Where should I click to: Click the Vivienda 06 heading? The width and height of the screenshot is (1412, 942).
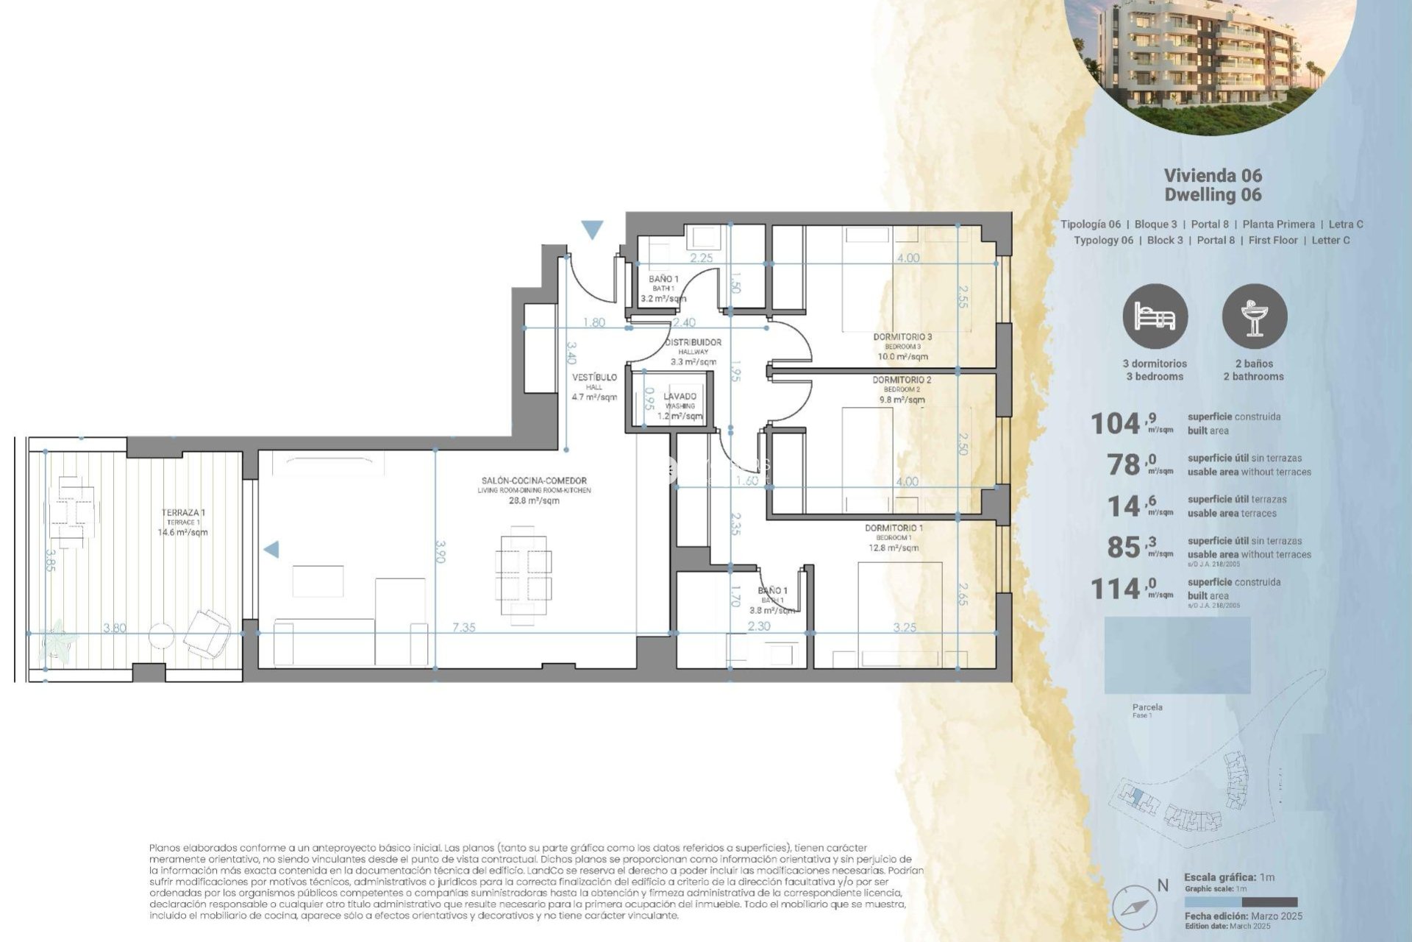1213,176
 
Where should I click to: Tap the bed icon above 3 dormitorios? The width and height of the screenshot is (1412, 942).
1155,316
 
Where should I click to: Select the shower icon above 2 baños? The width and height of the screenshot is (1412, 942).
1254,316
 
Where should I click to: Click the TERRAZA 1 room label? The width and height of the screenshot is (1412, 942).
182,513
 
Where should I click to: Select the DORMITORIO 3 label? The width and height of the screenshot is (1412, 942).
902,337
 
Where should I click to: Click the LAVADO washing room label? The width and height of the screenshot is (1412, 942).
680,397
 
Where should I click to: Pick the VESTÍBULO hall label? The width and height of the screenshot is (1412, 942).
594,378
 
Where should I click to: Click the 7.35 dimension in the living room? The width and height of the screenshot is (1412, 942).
463,628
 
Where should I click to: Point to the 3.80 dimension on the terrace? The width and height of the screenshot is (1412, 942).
115,628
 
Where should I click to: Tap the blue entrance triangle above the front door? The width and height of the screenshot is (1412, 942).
592,230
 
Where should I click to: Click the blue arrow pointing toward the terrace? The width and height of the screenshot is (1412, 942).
271,549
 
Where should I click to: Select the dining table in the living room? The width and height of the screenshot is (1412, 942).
523,576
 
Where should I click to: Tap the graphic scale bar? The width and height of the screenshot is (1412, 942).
1241,902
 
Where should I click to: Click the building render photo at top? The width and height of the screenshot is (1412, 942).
1210,55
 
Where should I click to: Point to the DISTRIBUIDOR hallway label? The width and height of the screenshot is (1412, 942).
693,342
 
